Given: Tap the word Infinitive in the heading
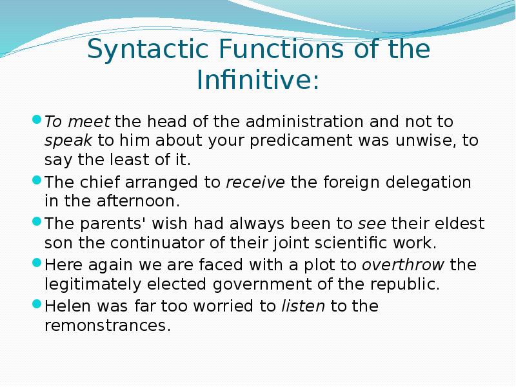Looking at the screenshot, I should point(257,81).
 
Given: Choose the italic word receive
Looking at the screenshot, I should point(255,183).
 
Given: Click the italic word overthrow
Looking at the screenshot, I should point(404,265).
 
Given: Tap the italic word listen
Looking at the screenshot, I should point(303,306).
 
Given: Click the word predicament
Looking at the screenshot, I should point(337,141).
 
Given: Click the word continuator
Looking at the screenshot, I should point(146,244).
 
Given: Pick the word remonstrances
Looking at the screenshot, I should point(107,326).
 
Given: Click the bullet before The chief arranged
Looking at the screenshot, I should point(37,182).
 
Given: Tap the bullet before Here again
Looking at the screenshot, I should point(37,264).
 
